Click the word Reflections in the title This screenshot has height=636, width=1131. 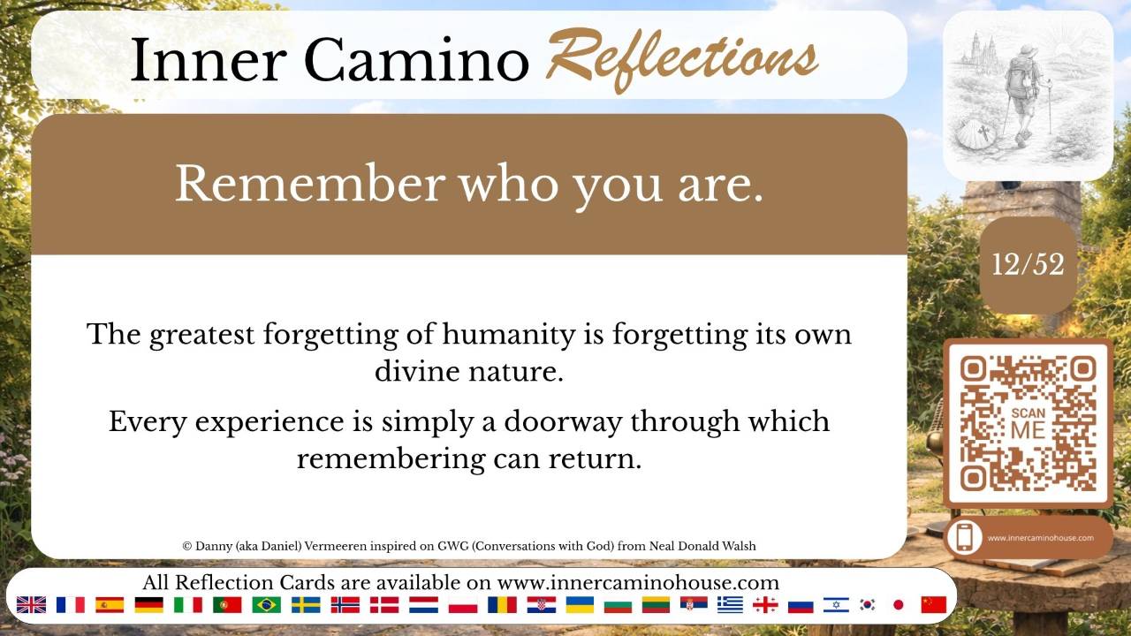(681, 59)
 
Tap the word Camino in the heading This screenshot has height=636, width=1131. (416, 59)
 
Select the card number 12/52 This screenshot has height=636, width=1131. (1028, 264)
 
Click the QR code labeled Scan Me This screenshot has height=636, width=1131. (1028, 423)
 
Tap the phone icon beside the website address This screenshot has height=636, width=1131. (964, 538)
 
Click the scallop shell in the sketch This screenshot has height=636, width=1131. (976, 137)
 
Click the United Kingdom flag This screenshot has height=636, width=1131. (31, 605)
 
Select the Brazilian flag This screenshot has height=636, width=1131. (267, 605)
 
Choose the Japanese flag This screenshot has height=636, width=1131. (898, 605)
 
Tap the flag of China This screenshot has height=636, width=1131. (934, 605)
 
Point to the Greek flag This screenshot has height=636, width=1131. (730, 605)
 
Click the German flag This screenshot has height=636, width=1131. (149, 605)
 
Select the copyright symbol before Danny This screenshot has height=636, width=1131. (186, 546)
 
